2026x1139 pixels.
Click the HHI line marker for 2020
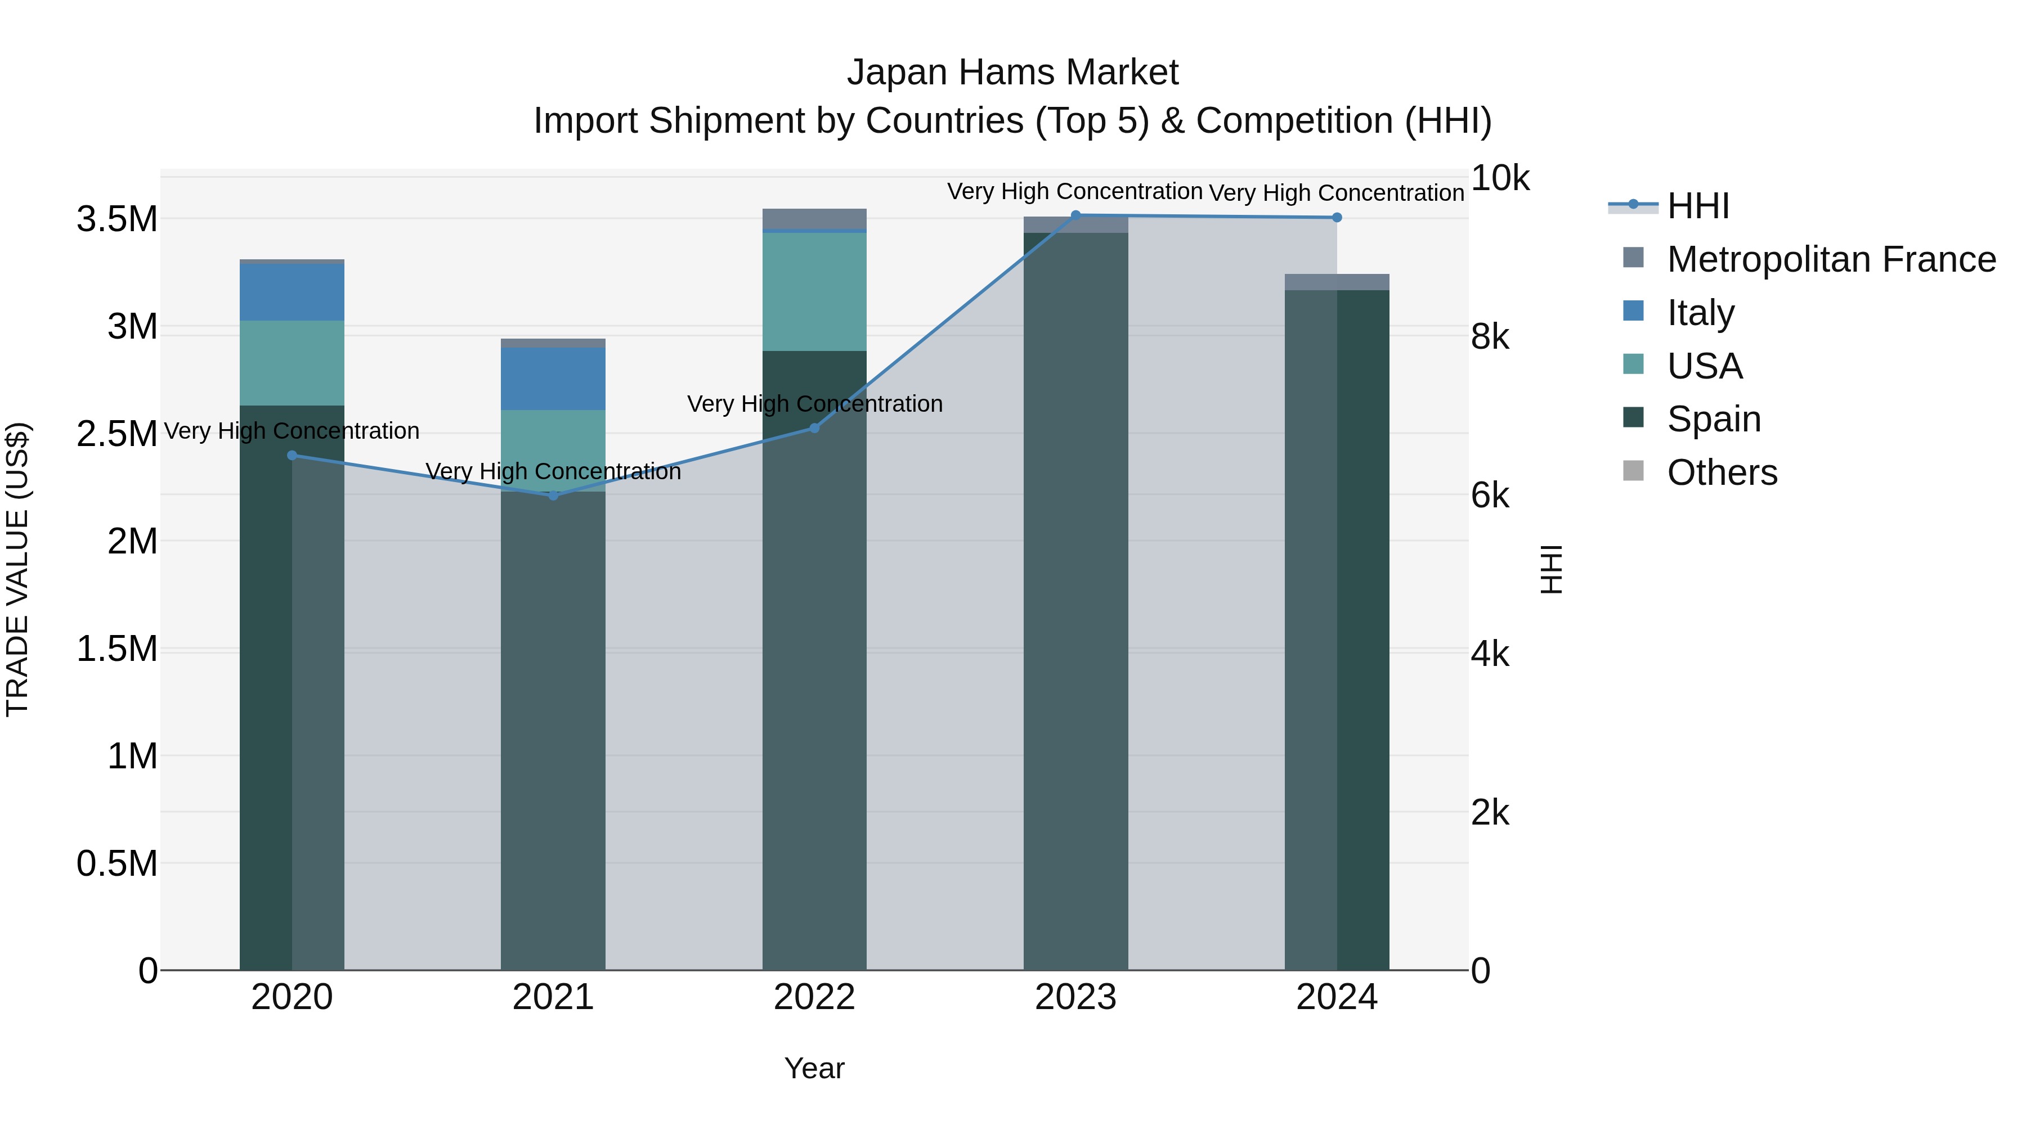pos(292,455)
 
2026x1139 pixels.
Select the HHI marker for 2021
pos(553,495)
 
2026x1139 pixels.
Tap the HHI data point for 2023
pos(1076,215)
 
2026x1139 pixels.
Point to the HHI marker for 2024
pos(1337,218)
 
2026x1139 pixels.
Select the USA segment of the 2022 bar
pos(814,291)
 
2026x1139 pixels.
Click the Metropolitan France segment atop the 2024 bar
pos(1337,282)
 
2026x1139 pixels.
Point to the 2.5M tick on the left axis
pos(116,434)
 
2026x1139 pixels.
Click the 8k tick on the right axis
pos(1490,337)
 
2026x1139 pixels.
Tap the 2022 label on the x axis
pos(814,997)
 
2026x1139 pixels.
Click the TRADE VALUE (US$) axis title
pos(17,569)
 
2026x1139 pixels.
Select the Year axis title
pos(814,1068)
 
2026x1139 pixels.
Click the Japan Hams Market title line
pos(1012,73)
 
